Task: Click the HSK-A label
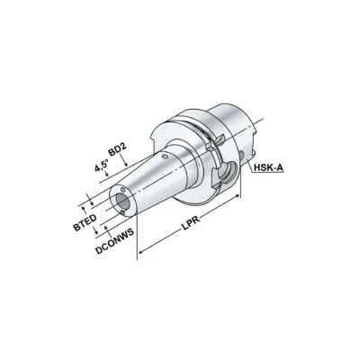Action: click(268, 168)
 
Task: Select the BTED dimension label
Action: click(85, 222)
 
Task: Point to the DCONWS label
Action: click(114, 242)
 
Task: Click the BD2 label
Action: click(118, 149)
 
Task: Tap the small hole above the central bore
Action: click(123, 190)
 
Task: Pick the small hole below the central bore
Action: click(121, 212)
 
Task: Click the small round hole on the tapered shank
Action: click(164, 157)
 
